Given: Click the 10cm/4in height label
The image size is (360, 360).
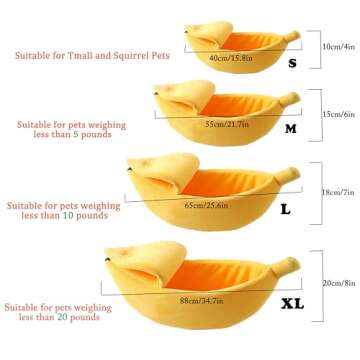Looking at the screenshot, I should click(x=335, y=46).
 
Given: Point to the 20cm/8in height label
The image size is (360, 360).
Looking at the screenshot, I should click(x=337, y=283).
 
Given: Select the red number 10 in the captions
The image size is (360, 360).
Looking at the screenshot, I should click(x=76, y=215).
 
